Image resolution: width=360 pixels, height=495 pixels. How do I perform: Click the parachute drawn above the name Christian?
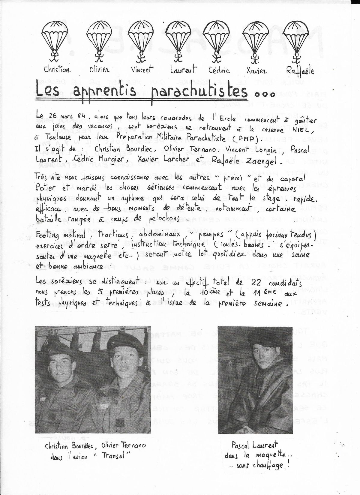point(55,38)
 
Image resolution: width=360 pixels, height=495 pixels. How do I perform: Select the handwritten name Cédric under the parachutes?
point(219,70)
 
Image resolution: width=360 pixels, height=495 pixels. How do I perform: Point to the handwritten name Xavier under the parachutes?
point(256,71)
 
